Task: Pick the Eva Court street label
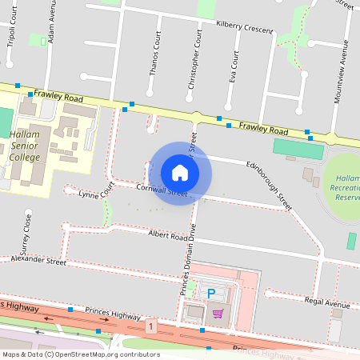(x=234, y=69)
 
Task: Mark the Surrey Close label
(x=28, y=231)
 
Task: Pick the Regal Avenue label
(x=328, y=304)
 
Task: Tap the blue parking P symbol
(x=211, y=294)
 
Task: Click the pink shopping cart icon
(x=218, y=312)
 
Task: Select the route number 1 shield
(x=150, y=326)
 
